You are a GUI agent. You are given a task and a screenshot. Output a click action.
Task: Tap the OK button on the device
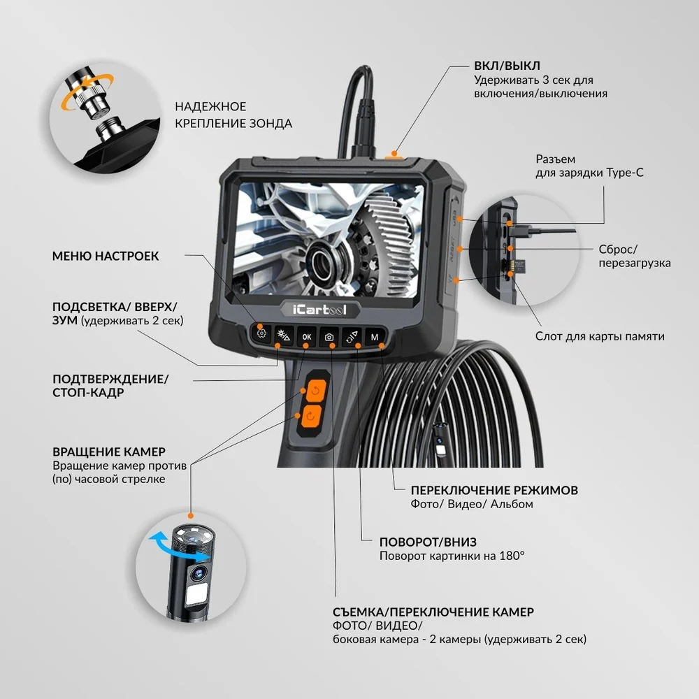click(x=306, y=337)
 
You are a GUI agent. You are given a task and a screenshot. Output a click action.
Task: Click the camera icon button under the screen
click(x=329, y=337)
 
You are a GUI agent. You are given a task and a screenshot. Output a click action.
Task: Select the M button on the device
click(x=375, y=337)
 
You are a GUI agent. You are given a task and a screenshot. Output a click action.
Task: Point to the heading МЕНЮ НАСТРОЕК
click(x=106, y=257)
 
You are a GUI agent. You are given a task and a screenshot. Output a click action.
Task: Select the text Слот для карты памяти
click(x=600, y=336)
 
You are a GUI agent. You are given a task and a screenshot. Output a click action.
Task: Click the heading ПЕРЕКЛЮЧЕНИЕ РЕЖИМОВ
click(x=494, y=490)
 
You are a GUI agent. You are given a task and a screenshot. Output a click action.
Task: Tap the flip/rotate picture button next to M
click(x=352, y=337)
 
